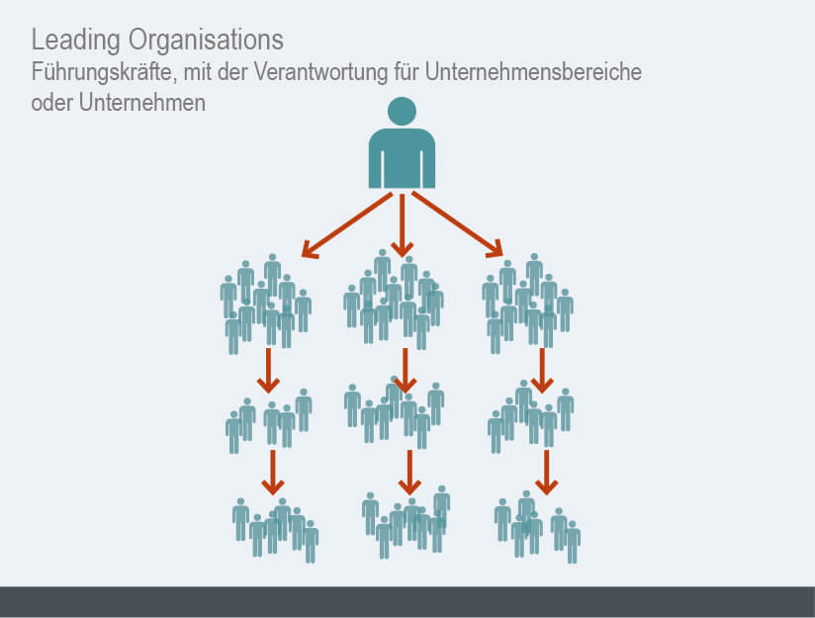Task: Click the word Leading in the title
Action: [76, 41]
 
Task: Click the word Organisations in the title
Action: [206, 39]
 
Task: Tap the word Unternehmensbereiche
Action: [533, 72]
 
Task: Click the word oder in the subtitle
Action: [52, 103]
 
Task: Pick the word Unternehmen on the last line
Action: [141, 103]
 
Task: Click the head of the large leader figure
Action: [402, 111]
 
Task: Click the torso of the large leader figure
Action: [402, 158]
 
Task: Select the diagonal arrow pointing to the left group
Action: [347, 224]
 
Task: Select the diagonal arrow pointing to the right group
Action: [457, 224]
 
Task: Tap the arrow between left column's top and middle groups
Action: [268, 371]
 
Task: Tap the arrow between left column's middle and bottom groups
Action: [272, 473]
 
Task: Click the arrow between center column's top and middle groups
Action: [406, 371]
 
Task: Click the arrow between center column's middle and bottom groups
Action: [409, 473]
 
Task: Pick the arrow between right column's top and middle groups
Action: [542, 371]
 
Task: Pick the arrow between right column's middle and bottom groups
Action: [546, 473]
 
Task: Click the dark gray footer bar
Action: [407, 602]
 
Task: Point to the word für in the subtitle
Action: [407, 72]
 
